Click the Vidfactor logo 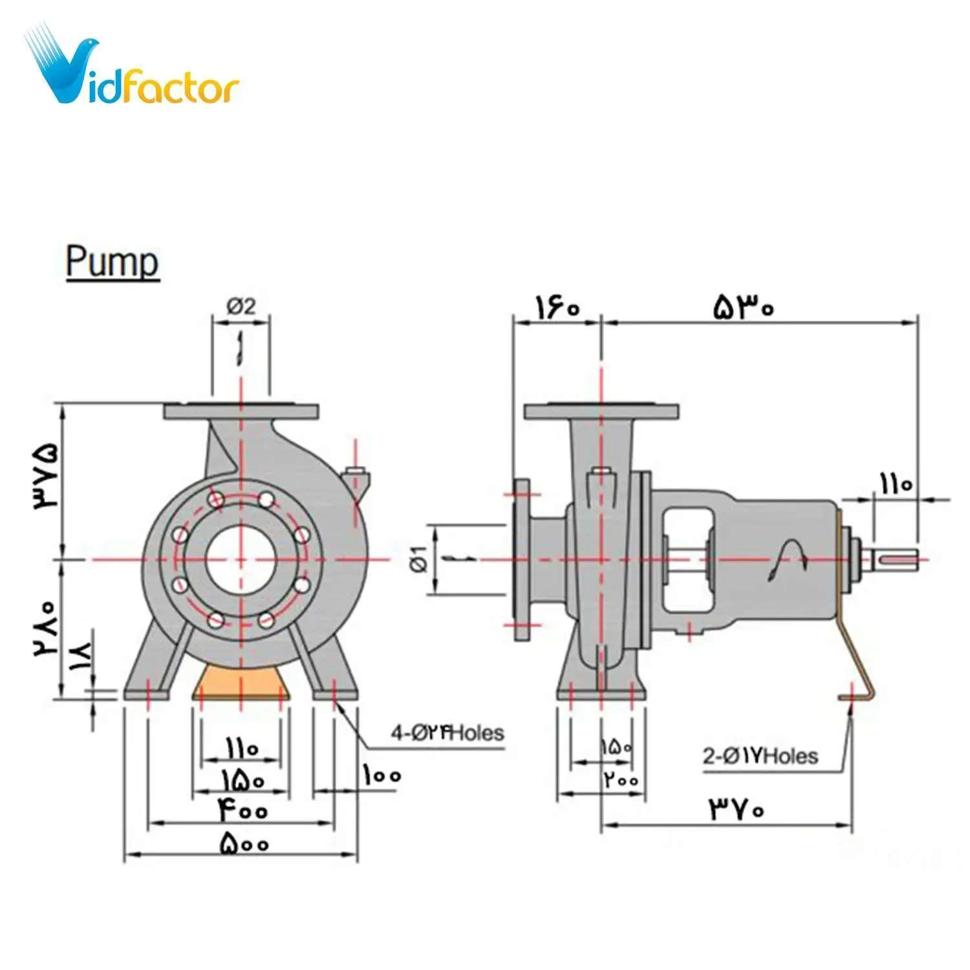(133, 68)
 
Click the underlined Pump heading (113, 263)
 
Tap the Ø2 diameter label (241, 305)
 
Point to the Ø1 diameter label (419, 559)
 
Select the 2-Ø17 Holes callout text (760, 756)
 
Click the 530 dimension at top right (744, 307)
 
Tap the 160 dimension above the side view (556, 307)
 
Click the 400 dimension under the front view (242, 810)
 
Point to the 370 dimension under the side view (737, 809)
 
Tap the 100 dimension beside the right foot (382, 775)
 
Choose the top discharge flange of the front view (241, 411)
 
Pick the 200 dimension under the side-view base (621, 780)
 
